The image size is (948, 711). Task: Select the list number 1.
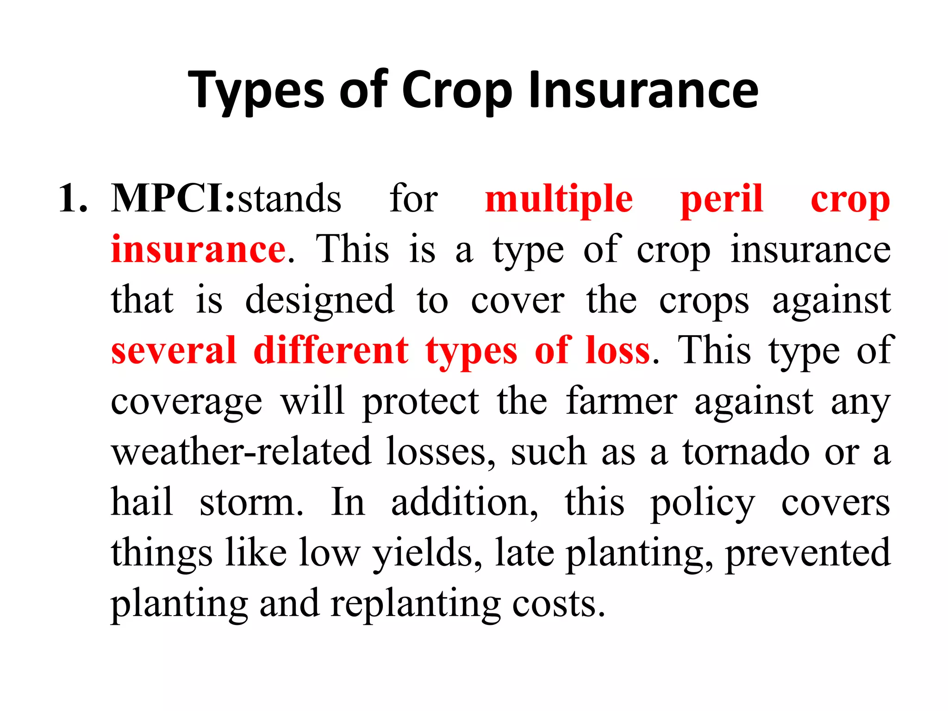pyautogui.click(x=73, y=199)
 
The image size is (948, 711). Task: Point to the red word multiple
pyautogui.click(x=558, y=200)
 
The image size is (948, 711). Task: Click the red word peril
pyautogui.click(x=721, y=200)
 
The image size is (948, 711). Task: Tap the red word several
pyautogui.click(x=174, y=350)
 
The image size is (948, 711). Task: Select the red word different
pyautogui.click(x=331, y=350)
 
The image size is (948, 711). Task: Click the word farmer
pyautogui.click(x=621, y=401)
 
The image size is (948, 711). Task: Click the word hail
pyautogui.click(x=142, y=502)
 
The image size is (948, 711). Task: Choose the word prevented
pyautogui.click(x=807, y=553)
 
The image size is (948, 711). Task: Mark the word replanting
pyautogui.click(x=415, y=604)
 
